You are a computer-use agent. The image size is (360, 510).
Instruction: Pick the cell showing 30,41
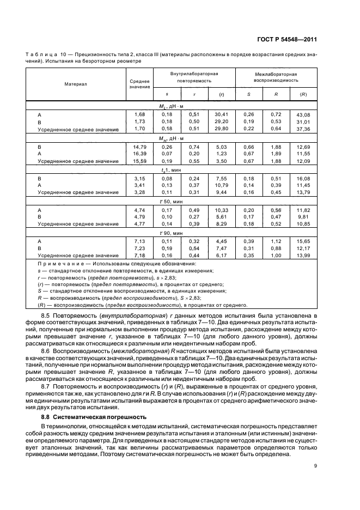coord(222,114)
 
